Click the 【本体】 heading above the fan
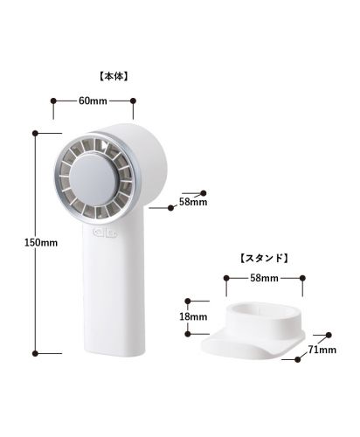(114, 76)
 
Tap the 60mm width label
(93, 101)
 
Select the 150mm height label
(41, 242)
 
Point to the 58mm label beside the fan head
(193, 202)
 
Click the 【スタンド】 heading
(265, 258)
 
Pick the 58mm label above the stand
(264, 278)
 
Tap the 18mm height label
(193, 316)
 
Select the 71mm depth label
(322, 350)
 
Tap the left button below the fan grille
(99, 232)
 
